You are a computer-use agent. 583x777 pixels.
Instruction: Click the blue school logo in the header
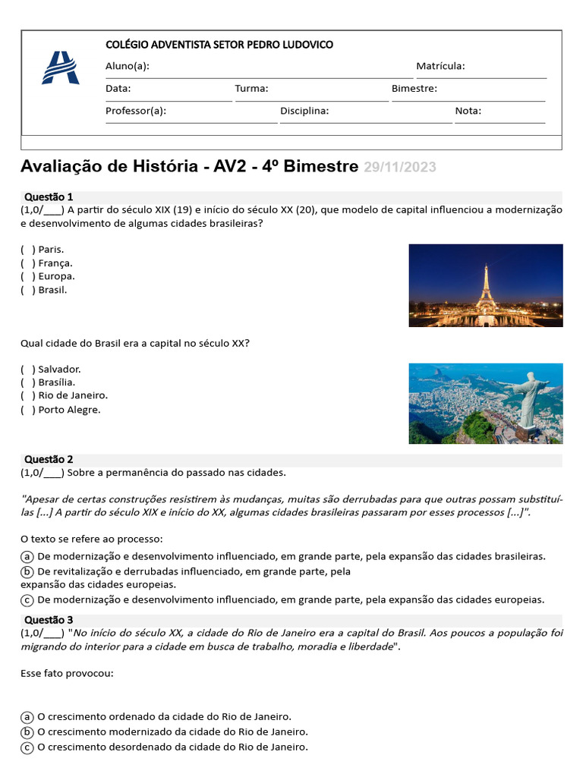[59, 68]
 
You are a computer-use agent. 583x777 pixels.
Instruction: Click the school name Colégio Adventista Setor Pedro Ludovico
[219, 45]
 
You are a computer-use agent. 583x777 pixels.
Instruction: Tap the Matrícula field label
[440, 67]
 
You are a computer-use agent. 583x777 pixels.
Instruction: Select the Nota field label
[468, 111]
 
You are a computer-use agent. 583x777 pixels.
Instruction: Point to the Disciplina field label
[304, 111]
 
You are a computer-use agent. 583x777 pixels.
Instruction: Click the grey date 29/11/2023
[399, 167]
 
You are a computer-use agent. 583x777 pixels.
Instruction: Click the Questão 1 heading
[49, 197]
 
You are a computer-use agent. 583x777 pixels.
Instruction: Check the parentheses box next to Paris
[28, 249]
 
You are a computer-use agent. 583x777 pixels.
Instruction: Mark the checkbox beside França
[28, 263]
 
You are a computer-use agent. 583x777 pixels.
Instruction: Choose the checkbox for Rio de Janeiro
[28, 395]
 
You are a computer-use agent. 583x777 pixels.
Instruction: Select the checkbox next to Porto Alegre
[28, 410]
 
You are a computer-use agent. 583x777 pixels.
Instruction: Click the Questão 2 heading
[49, 459]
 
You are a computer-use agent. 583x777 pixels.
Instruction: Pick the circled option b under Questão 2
[27, 571]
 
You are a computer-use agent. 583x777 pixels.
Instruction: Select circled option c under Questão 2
[27, 599]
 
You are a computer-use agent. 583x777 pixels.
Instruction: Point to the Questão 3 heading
[49, 619]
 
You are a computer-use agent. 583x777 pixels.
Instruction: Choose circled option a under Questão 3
[27, 717]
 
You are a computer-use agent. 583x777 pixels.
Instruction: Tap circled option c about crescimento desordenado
[27, 747]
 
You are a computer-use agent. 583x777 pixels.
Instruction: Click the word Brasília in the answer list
[56, 382]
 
